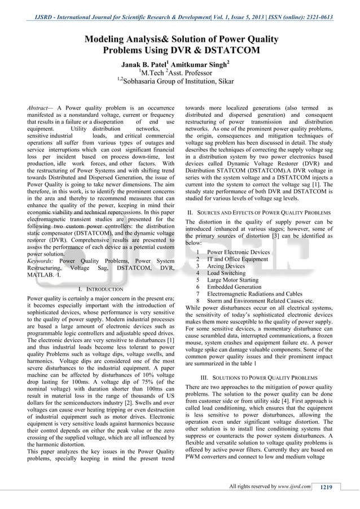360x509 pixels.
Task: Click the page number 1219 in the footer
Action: pyautogui.click(x=329, y=487)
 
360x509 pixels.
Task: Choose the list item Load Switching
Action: pyautogui.click(x=226, y=273)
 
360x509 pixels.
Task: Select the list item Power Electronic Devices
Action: pyautogui.click(x=238, y=252)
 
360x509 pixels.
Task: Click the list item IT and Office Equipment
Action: pyautogui.click(x=237, y=259)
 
